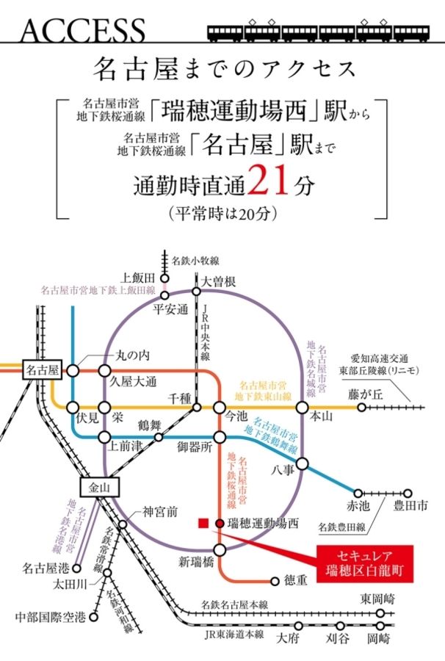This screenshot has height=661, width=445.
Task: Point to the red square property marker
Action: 203,523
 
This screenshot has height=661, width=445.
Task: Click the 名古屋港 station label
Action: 46,568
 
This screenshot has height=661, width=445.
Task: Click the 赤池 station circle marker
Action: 359,493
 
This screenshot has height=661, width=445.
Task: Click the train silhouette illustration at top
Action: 317,32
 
